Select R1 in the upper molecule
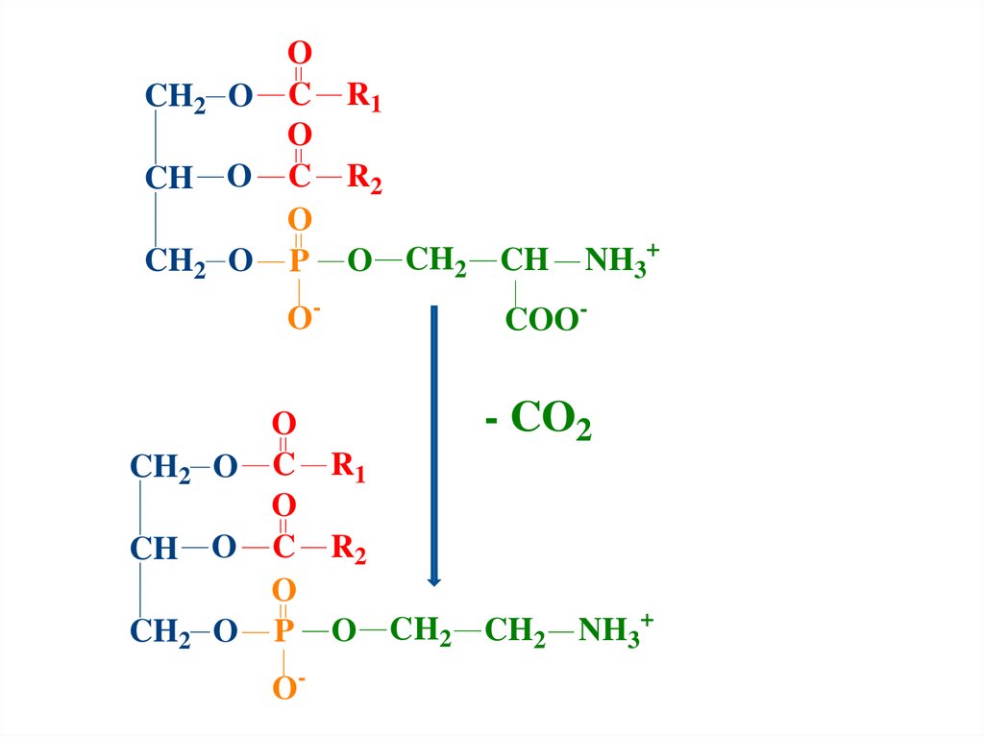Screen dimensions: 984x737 pos(364,97)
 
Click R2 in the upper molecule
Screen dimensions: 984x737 pos(364,179)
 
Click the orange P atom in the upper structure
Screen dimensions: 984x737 pos(299,260)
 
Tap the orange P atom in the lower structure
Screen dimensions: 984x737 pos(283,631)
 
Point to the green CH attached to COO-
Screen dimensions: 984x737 pos(524,260)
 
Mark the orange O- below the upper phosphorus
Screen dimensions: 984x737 pos(302,318)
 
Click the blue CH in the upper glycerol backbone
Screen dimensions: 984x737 pos(169,179)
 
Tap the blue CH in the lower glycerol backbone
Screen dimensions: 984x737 pos(154,550)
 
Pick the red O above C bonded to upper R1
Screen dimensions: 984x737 pos(300,54)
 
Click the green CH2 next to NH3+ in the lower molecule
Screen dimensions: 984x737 pos(515,632)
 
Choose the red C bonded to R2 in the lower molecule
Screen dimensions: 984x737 pos(283,549)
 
